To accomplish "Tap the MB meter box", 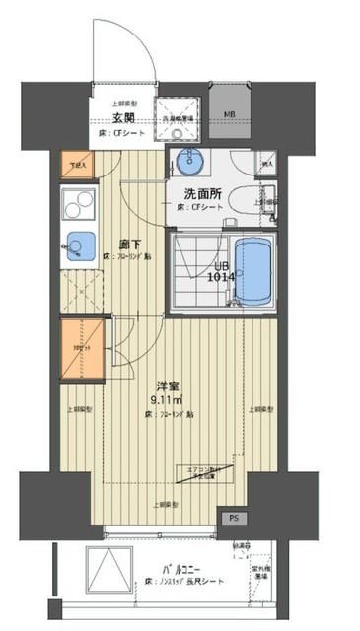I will (x=229, y=115).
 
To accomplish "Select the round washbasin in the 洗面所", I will (x=188, y=161).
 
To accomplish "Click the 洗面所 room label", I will (x=201, y=194).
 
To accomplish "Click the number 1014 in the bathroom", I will (x=220, y=277).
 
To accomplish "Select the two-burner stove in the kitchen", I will (x=76, y=204).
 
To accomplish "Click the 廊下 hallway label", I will (x=131, y=243).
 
